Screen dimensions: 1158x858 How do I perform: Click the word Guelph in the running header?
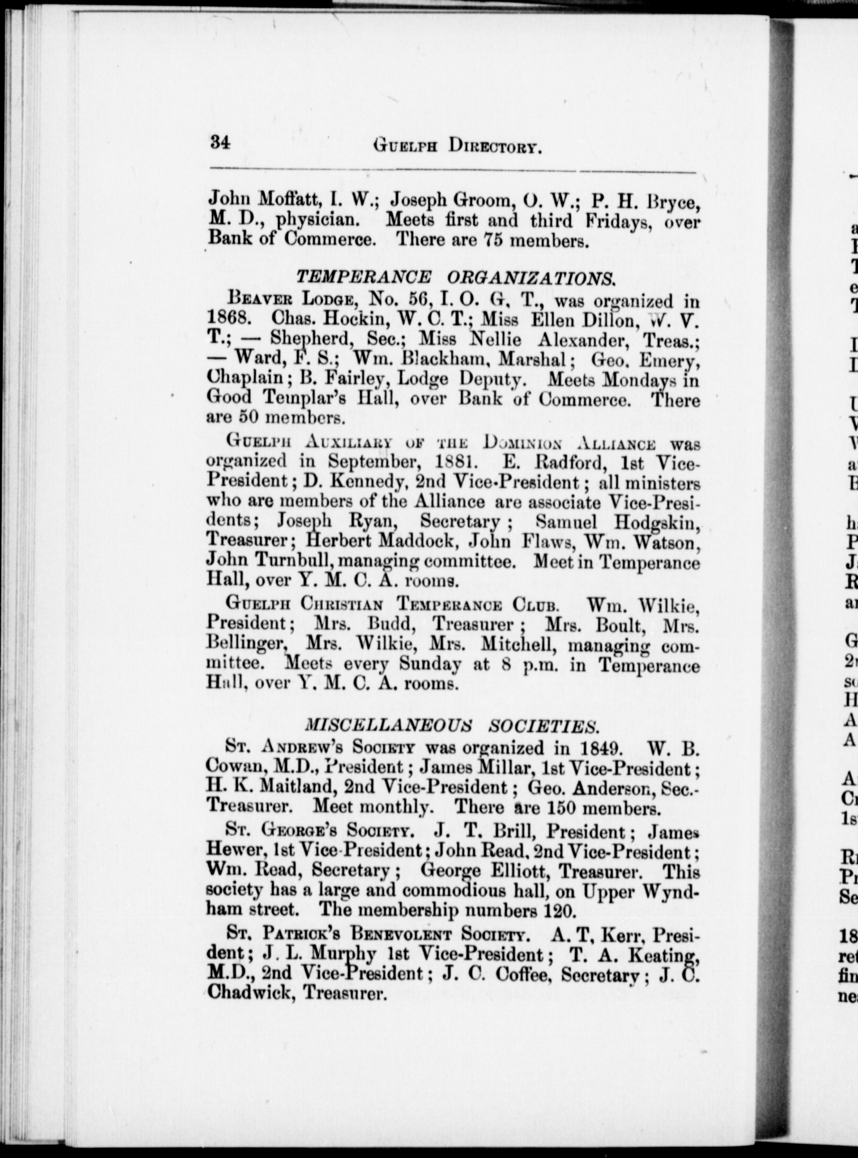[x=406, y=144]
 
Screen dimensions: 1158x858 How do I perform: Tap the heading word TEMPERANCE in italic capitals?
[x=363, y=277]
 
